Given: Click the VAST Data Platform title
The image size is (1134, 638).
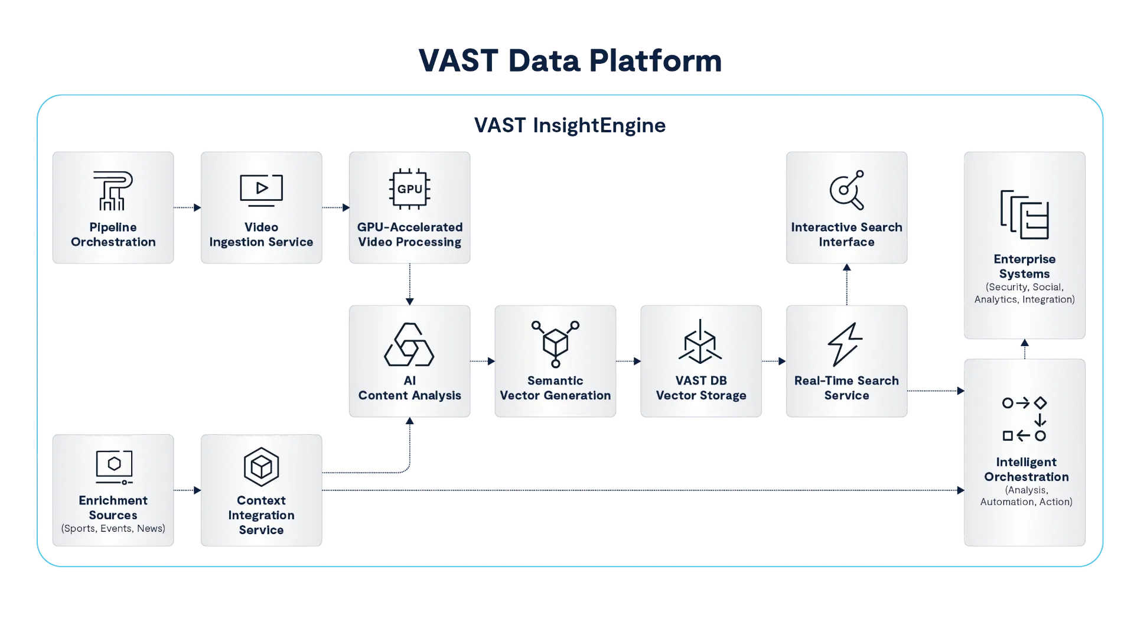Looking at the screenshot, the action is (x=570, y=60).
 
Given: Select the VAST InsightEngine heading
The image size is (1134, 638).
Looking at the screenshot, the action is (x=570, y=125).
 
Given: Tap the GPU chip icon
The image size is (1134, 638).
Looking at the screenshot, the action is (x=409, y=189).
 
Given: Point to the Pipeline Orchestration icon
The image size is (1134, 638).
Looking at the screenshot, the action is (x=113, y=190).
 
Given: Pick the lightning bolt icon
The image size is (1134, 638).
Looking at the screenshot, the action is (x=845, y=344).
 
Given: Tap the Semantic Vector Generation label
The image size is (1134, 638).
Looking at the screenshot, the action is (x=555, y=388).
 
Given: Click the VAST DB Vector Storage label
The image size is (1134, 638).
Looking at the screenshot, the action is (x=701, y=388).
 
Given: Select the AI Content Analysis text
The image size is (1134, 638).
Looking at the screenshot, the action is (x=409, y=388).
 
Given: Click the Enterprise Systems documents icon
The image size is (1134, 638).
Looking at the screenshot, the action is (x=1025, y=214).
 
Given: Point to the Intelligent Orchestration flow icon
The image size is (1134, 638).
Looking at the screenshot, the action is (x=1025, y=419).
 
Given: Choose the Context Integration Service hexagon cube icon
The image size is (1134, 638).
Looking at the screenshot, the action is (x=261, y=467).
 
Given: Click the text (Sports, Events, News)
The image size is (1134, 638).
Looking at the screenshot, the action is (x=113, y=528).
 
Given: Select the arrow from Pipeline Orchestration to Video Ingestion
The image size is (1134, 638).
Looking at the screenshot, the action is (x=187, y=207).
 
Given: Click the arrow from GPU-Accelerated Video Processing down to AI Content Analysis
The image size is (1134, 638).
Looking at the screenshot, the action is (x=409, y=284).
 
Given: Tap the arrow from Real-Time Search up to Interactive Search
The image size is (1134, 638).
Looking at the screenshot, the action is (x=847, y=284).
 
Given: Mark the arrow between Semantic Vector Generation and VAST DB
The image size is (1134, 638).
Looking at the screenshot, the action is (x=628, y=361).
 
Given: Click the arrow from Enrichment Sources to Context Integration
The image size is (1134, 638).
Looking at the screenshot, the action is (x=187, y=490).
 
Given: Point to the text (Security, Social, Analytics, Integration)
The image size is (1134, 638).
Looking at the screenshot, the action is (x=1025, y=293).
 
